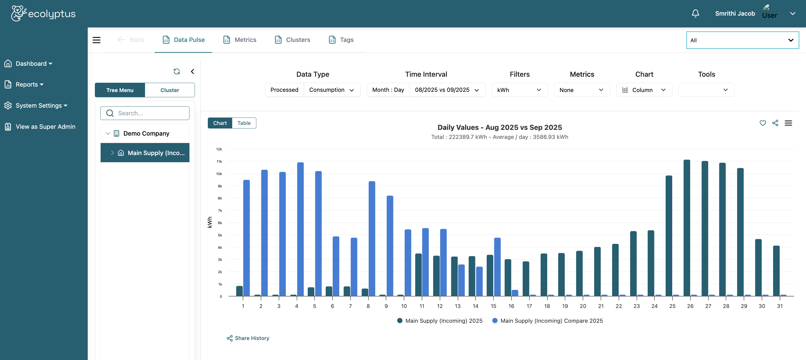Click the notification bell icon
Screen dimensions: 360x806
695,13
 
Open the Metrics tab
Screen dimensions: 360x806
240,40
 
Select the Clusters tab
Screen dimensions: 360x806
292,40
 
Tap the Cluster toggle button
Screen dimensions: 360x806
170,90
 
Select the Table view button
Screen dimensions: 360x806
244,123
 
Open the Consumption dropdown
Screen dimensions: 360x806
331,90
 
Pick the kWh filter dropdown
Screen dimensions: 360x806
520,90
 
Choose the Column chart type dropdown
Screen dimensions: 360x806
644,90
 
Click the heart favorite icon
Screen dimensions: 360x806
762,123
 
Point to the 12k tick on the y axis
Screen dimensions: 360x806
219,149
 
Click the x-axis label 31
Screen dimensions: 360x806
780,306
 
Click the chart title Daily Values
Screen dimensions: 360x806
500,127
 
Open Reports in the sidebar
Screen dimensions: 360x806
27,84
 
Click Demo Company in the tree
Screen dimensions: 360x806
146,133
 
